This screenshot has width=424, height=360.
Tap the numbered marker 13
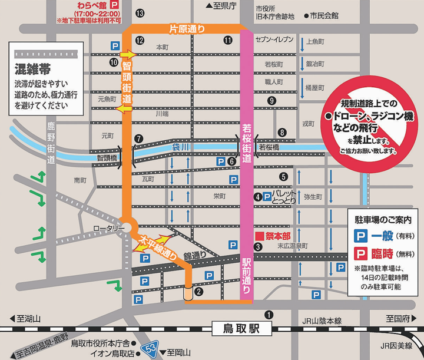tap(140, 13)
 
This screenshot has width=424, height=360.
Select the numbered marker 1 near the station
tap(269, 315)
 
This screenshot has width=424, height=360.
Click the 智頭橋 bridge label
tap(107, 158)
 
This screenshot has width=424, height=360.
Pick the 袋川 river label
tap(180, 147)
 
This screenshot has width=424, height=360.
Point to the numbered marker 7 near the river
tap(138, 138)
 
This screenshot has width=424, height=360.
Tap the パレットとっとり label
tap(282, 197)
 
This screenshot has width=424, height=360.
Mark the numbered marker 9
tap(271, 101)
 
